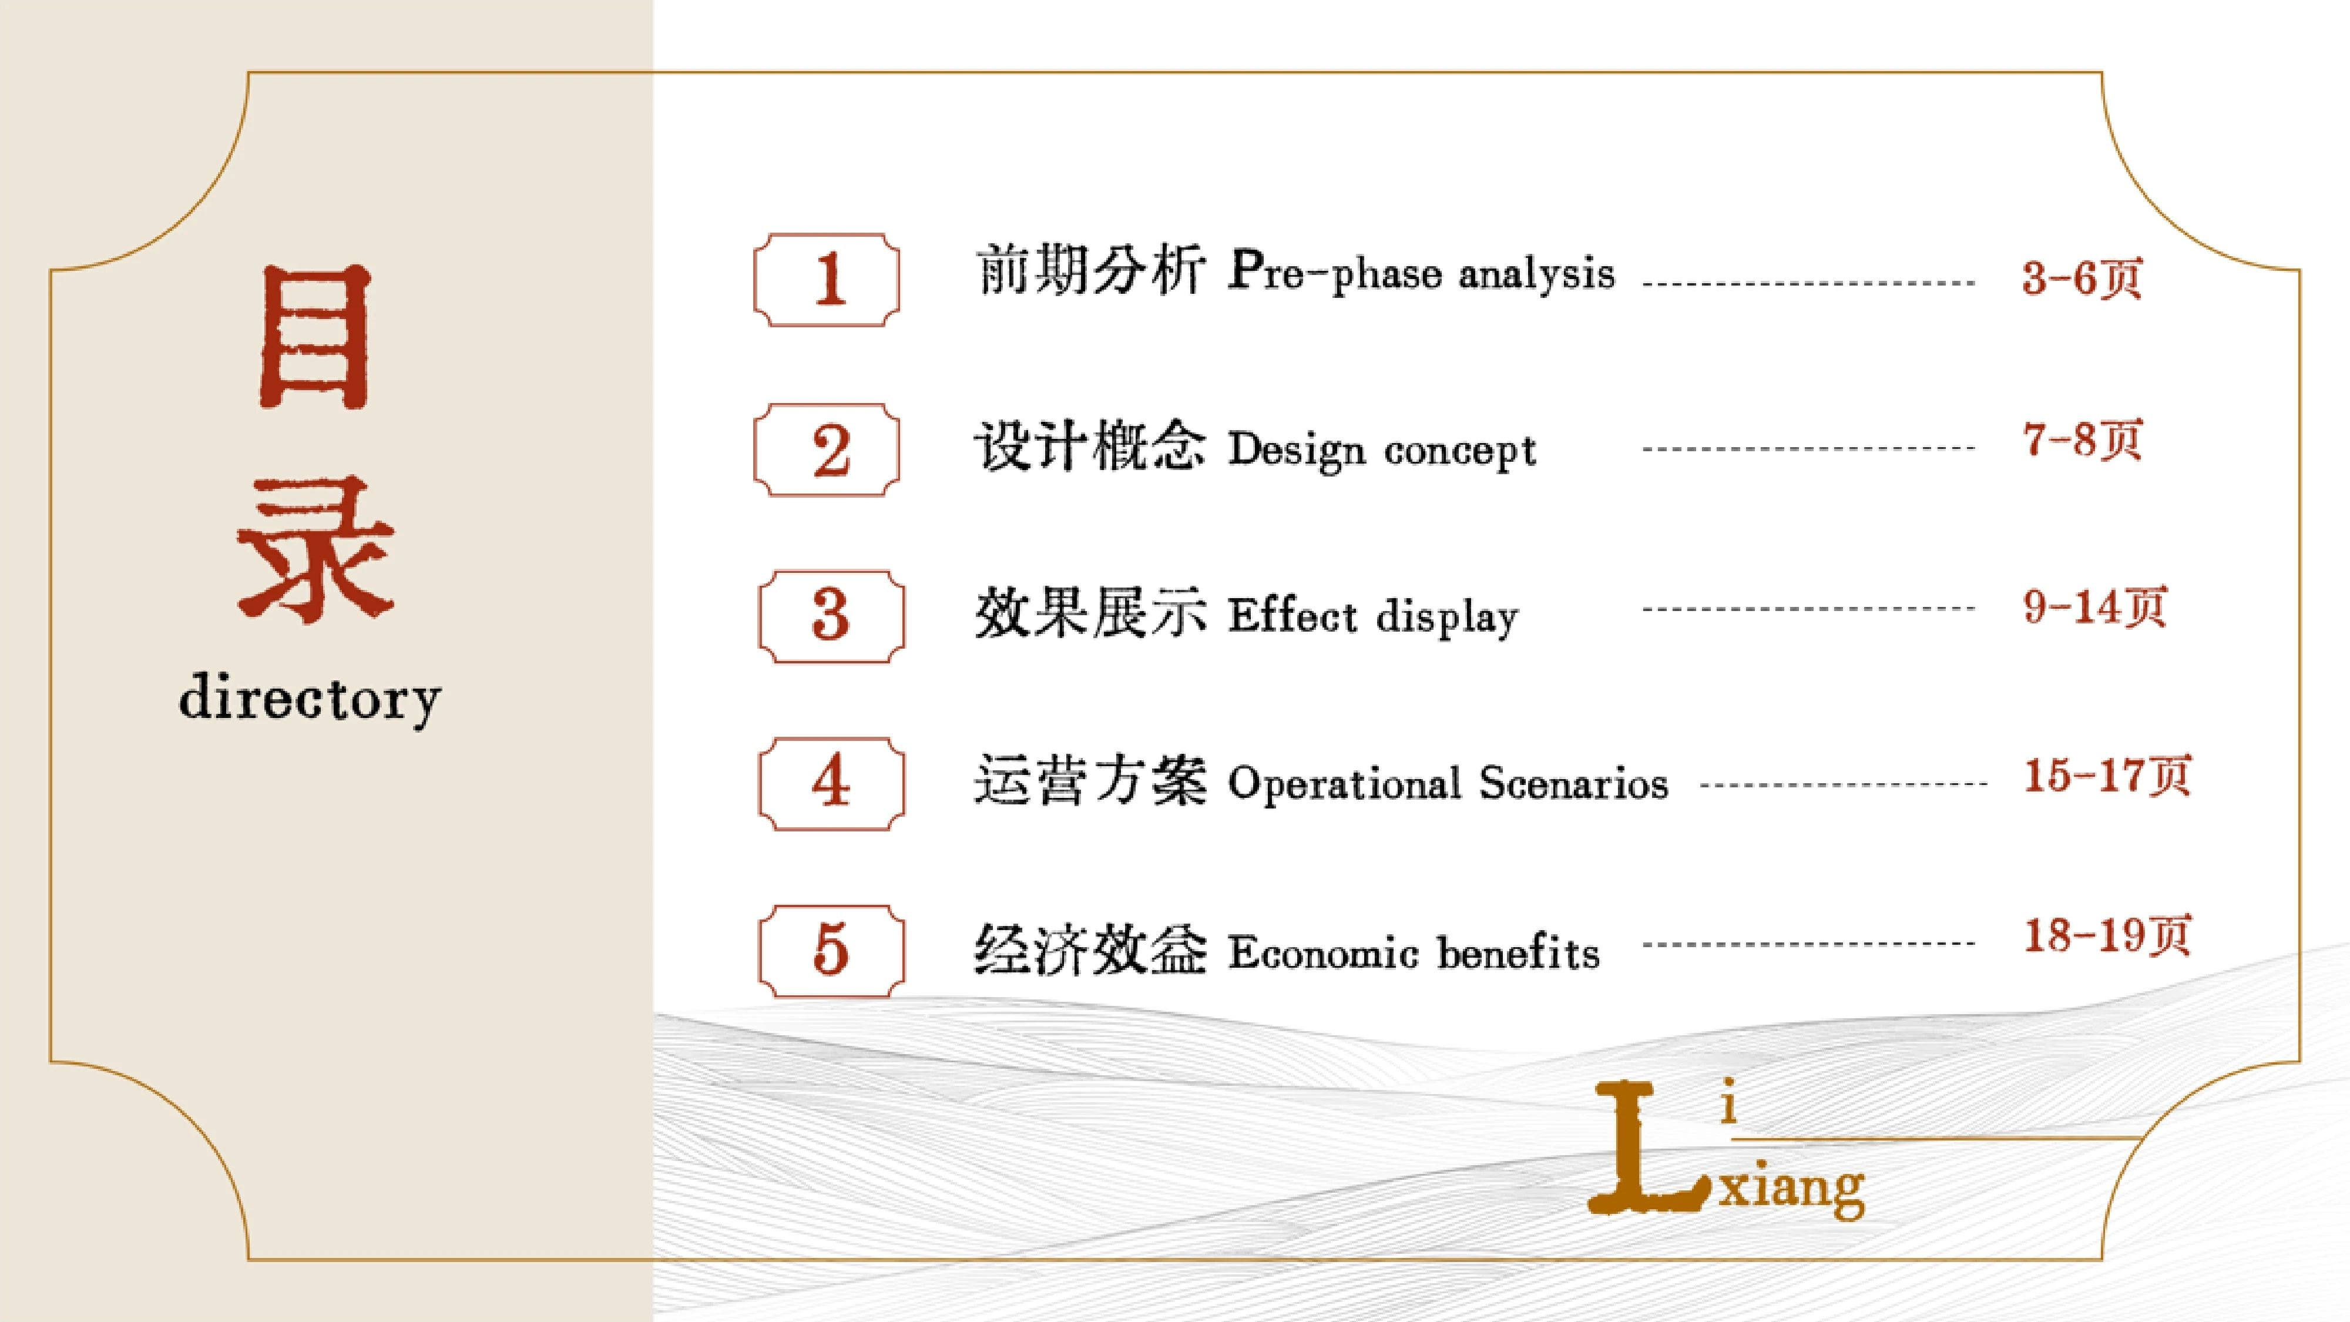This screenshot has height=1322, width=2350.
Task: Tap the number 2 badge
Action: click(x=827, y=450)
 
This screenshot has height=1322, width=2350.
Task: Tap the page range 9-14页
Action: click(x=2094, y=607)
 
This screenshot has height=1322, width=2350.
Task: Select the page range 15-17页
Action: click(x=2106, y=776)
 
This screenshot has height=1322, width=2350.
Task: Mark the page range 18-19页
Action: click(x=2106, y=935)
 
